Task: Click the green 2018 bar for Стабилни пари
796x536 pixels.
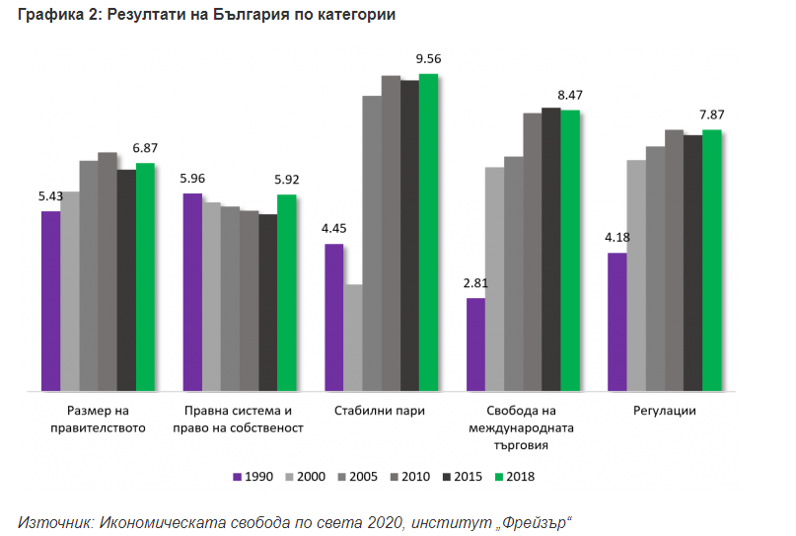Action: point(428,232)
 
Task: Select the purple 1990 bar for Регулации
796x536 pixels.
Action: point(617,322)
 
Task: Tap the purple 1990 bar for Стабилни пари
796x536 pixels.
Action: point(334,317)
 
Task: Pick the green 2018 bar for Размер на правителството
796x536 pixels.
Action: point(146,276)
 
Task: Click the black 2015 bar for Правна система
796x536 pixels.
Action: point(268,302)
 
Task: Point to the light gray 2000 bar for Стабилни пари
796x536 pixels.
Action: point(353,338)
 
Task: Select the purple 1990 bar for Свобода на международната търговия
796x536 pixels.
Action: point(476,344)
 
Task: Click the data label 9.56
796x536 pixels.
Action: point(429,59)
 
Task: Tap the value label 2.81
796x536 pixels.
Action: point(476,283)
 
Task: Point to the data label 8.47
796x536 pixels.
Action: point(570,95)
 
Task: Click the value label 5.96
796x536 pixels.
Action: point(193,179)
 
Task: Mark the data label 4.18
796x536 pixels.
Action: point(617,238)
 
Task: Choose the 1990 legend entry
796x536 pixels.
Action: point(253,477)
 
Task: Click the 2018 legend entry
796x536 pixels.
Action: point(514,477)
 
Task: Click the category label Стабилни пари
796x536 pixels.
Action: point(380,411)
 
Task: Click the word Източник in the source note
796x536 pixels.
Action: point(55,519)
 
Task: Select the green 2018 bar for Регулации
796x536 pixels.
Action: point(712,261)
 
